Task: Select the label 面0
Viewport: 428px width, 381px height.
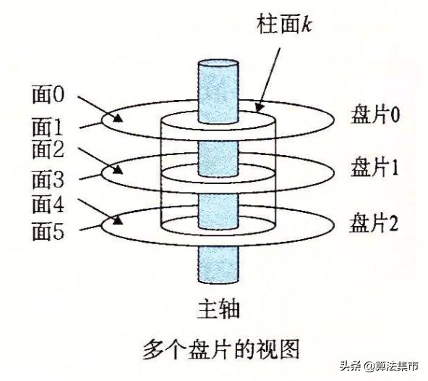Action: [x=48, y=94]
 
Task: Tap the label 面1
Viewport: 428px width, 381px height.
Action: [x=48, y=127]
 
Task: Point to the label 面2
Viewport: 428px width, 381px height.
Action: [x=48, y=149]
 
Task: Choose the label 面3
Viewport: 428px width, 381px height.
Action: [x=48, y=179]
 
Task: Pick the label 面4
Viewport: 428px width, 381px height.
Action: [x=48, y=204]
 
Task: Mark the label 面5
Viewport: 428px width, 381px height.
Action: [x=48, y=231]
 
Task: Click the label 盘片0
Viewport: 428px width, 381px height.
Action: [x=375, y=114]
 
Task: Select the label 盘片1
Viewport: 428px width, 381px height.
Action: [x=374, y=167]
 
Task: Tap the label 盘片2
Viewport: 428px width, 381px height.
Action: [x=374, y=223]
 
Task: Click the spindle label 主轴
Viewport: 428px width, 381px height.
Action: [x=218, y=309]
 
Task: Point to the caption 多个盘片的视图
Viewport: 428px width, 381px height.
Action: [x=221, y=349]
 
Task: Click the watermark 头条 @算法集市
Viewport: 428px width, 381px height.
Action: [x=379, y=366]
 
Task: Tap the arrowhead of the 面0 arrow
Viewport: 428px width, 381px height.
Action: [x=118, y=118]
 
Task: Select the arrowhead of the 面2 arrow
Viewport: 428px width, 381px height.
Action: [x=118, y=169]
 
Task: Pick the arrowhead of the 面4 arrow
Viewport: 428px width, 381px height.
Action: [x=117, y=219]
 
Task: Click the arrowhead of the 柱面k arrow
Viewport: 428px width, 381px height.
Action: [x=260, y=107]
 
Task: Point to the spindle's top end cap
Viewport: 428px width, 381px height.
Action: [x=218, y=64]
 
